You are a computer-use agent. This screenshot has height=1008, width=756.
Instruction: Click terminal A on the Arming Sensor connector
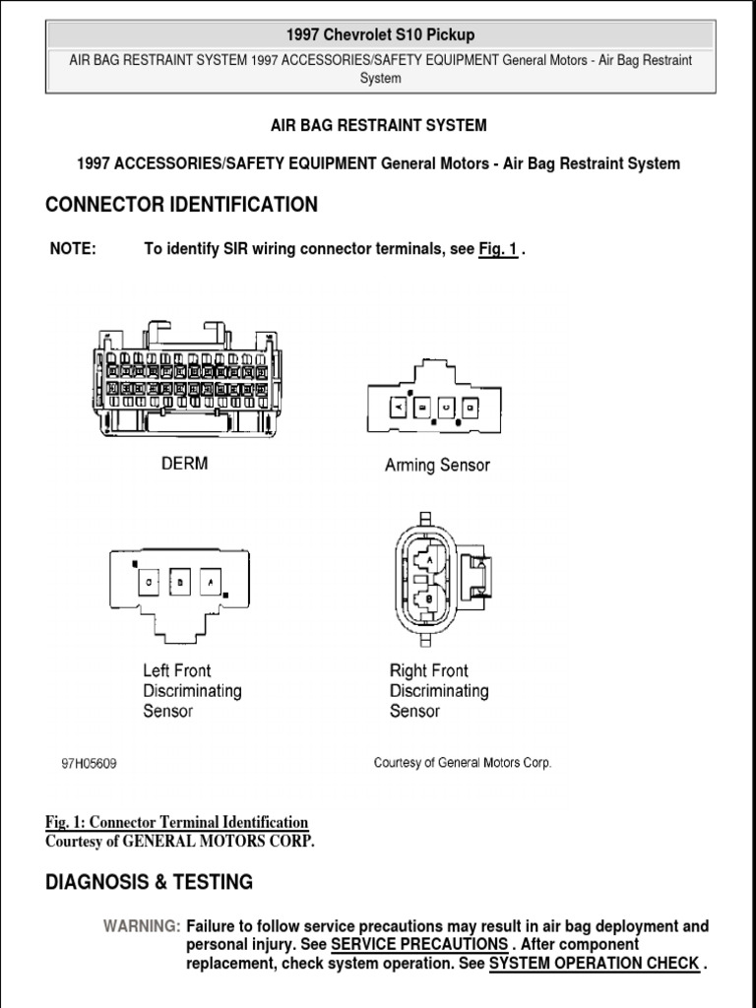399,406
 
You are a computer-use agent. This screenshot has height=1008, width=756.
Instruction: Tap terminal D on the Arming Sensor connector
471,406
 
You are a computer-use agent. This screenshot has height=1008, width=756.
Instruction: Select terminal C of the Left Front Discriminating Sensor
151,582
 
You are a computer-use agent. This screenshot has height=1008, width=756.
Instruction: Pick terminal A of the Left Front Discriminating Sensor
210,582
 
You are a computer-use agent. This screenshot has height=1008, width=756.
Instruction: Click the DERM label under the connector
184,463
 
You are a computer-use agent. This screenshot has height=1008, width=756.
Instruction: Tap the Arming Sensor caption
437,465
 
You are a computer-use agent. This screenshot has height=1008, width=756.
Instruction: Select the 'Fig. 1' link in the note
498,249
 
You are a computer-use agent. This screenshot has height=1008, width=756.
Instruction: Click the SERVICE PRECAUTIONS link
419,945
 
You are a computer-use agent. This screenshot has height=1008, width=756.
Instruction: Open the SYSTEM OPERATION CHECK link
594,964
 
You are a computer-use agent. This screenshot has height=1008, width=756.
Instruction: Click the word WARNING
142,926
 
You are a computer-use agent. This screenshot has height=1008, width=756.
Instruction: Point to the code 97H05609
90,764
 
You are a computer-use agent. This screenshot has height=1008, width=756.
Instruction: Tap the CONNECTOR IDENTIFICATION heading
181,205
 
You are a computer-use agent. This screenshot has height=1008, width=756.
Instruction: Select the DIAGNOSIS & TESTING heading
149,882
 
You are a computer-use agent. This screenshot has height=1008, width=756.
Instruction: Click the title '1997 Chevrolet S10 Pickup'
380,34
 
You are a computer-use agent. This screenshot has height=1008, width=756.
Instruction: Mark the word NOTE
73,249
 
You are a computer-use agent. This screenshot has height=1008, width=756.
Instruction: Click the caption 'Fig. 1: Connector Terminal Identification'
176,822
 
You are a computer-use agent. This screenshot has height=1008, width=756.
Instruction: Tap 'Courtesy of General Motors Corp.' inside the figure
463,763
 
